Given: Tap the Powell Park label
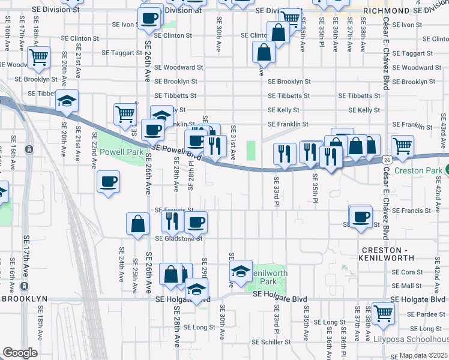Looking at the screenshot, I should [x=121, y=152].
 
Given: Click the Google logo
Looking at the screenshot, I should [x=20, y=353].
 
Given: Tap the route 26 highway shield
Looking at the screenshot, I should [x=388, y=160].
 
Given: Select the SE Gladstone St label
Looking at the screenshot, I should [x=178, y=238].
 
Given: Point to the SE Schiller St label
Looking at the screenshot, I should [x=271, y=342].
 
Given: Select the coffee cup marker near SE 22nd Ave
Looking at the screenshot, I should [x=108, y=182].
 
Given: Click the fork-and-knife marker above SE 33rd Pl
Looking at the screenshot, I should [x=284, y=154].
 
